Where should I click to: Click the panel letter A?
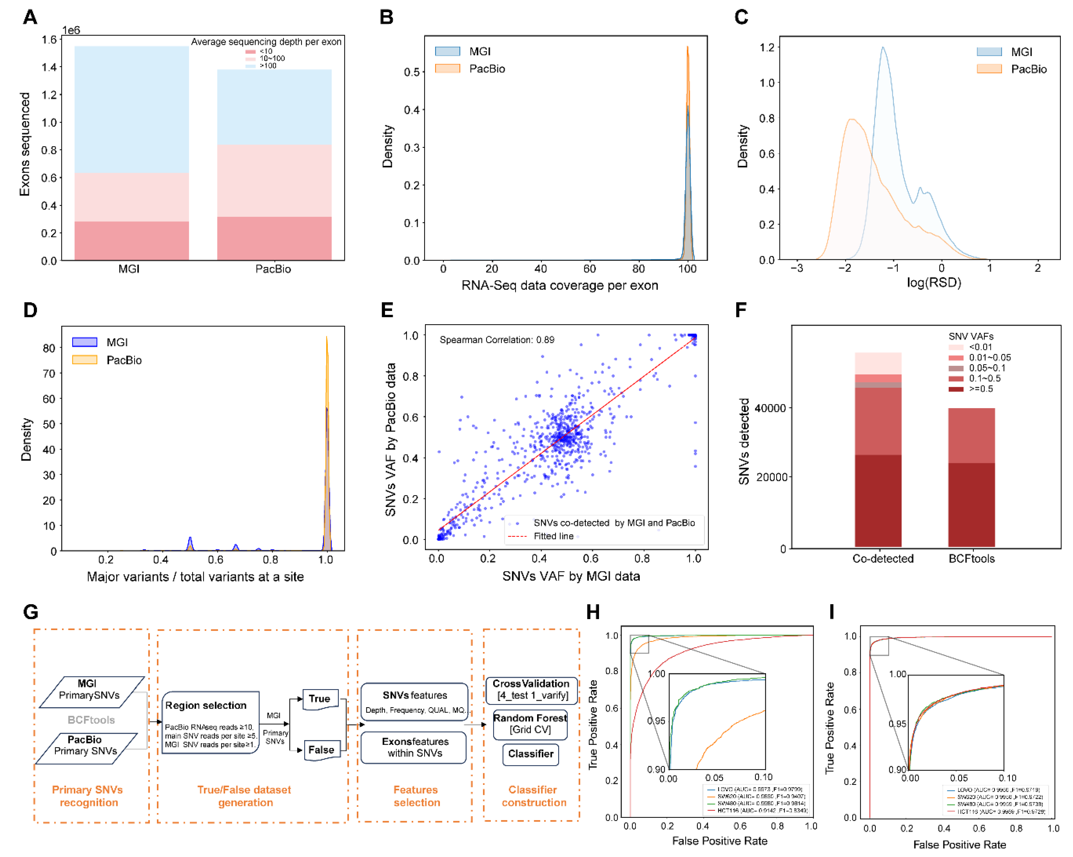click(x=30, y=18)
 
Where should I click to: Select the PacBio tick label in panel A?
click(x=273, y=269)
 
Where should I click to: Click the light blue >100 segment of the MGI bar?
click(x=131, y=109)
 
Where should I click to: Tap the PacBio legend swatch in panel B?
click(x=448, y=69)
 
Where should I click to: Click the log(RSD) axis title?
click(x=934, y=283)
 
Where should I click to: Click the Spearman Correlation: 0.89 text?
click(x=497, y=340)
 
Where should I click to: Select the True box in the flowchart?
click(x=320, y=699)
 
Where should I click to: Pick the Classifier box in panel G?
click(x=531, y=754)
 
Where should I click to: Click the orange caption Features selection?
click(x=416, y=796)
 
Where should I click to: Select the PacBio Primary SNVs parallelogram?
click(x=86, y=745)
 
